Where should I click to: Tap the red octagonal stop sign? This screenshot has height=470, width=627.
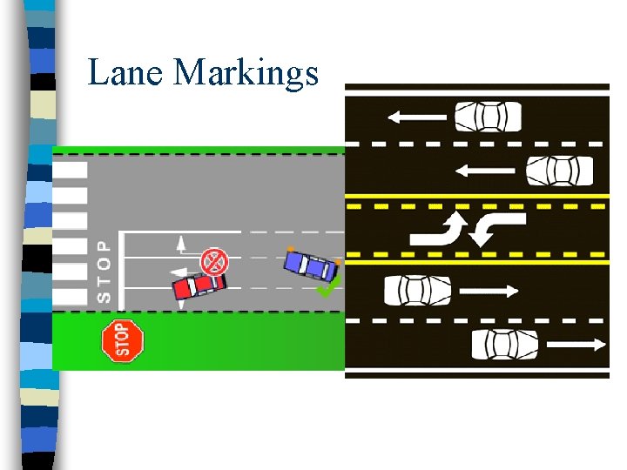point(121,340)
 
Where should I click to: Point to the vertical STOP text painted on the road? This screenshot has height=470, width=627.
point(104,272)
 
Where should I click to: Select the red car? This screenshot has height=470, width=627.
point(199,285)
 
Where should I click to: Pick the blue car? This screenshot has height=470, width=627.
point(311,264)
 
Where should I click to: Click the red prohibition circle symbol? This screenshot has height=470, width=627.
point(214,260)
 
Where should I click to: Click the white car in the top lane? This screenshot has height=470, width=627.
point(488,116)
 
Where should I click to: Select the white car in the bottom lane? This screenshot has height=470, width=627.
point(506,345)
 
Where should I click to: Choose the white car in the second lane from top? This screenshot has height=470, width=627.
point(560,170)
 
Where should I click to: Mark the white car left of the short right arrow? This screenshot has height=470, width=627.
point(418,290)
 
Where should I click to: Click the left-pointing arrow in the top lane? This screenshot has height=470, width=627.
point(417,116)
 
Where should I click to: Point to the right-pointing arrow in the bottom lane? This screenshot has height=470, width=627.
point(576,345)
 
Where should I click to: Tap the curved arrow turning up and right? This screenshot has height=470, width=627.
point(441,229)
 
